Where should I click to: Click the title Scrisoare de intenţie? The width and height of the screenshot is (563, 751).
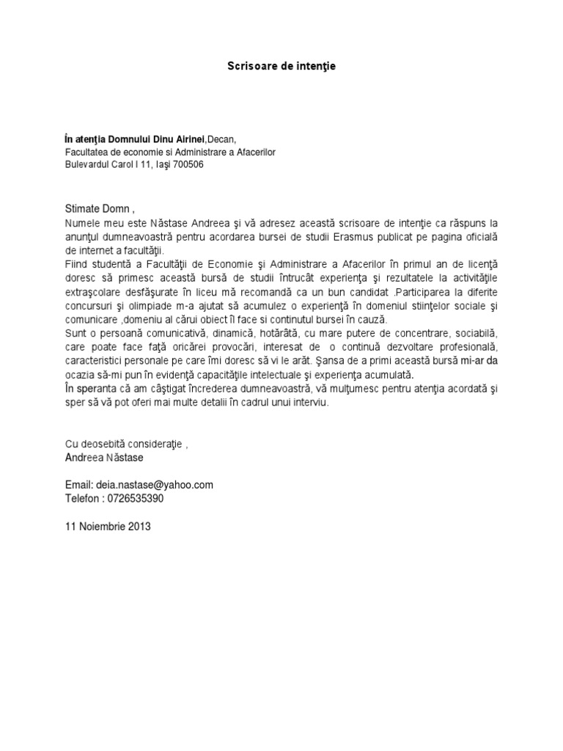[x=281, y=66]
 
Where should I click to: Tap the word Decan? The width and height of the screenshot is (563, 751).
[x=222, y=139]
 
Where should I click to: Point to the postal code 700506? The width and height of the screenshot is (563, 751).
[x=187, y=164]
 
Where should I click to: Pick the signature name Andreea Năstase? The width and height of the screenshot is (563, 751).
[x=105, y=458]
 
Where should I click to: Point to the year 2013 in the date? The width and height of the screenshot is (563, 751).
[x=138, y=526]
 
